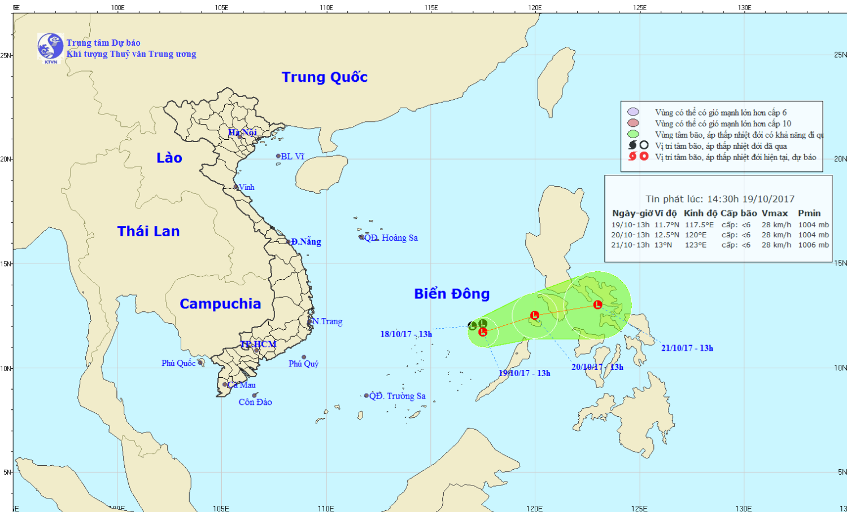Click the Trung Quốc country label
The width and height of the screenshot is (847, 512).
325,77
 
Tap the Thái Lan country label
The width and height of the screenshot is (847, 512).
149,231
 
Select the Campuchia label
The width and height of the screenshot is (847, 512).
220,304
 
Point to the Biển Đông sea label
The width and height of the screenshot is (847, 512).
452,294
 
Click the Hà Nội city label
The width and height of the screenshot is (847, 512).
242,133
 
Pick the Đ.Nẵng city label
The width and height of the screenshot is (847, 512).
306,242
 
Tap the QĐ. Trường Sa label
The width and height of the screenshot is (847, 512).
397,396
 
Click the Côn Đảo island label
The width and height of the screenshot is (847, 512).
255,402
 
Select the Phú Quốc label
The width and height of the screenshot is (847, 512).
178,363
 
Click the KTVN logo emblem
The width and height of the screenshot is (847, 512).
50,47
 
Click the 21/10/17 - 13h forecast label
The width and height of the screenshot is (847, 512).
687,348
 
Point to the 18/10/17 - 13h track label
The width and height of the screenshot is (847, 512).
406,334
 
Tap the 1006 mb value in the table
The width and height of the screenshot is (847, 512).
813,245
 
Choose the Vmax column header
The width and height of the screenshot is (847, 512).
775,213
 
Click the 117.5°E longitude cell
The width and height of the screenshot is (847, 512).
699,225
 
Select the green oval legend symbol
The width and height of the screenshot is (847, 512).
633,134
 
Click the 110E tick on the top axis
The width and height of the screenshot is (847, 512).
326,8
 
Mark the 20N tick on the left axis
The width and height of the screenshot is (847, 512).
6,160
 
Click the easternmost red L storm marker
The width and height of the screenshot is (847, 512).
597,304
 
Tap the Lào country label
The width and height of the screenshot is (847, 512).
169,158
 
